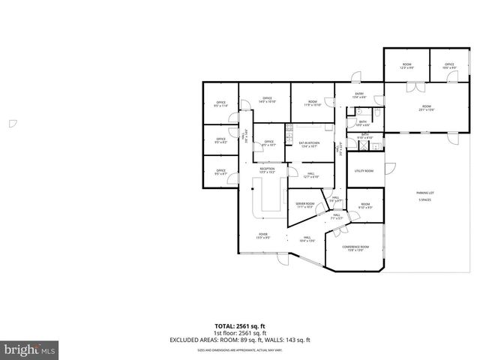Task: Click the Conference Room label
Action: [355, 247]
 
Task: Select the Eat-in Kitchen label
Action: [310, 144]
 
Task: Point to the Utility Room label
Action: [364, 171]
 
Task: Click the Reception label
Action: [267, 170]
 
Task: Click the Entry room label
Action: [359, 95]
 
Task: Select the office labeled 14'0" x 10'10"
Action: [267, 100]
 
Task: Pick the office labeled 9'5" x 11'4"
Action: [220, 103]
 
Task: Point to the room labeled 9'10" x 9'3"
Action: [365, 205]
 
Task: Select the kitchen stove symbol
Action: [289, 134]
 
